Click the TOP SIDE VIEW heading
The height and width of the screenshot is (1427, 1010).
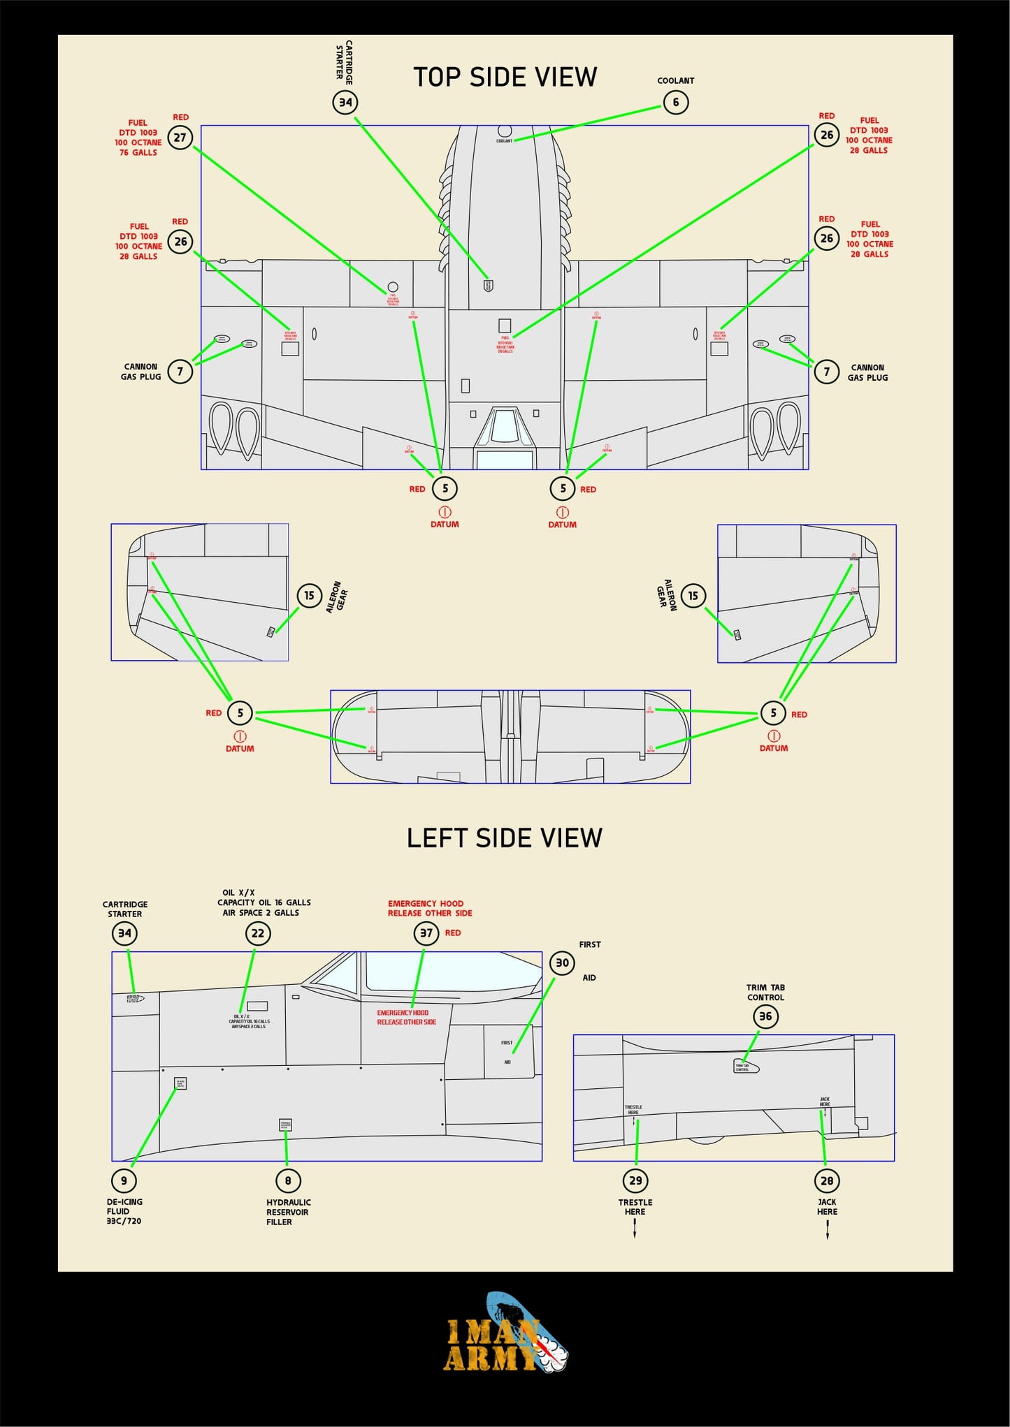[505, 78]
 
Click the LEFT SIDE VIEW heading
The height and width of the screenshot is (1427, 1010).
[504, 838]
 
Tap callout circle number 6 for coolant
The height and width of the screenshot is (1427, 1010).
[675, 103]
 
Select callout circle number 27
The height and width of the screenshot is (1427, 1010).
[180, 138]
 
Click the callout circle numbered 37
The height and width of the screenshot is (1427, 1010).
[426, 933]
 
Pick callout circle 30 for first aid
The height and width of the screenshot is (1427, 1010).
[562, 963]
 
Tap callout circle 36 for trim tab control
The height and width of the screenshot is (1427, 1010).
[765, 1016]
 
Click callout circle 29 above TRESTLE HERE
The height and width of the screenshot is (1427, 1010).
[635, 1180]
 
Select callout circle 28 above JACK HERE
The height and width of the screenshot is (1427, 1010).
[827, 1180]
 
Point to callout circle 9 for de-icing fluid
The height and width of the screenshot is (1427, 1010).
[124, 1180]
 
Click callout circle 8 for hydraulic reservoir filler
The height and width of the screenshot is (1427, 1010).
[287, 1180]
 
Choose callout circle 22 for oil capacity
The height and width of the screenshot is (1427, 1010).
[258, 933]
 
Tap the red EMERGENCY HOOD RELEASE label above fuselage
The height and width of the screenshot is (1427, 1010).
[430, 908]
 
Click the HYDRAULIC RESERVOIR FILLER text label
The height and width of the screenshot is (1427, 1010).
[288, 1212]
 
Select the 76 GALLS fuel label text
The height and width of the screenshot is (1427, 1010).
[138, 152]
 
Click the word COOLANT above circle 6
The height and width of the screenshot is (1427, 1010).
[675, 81]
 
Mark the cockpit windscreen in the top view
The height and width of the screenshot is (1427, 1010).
[504, 426]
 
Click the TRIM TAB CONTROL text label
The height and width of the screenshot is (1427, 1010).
[765, 993]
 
